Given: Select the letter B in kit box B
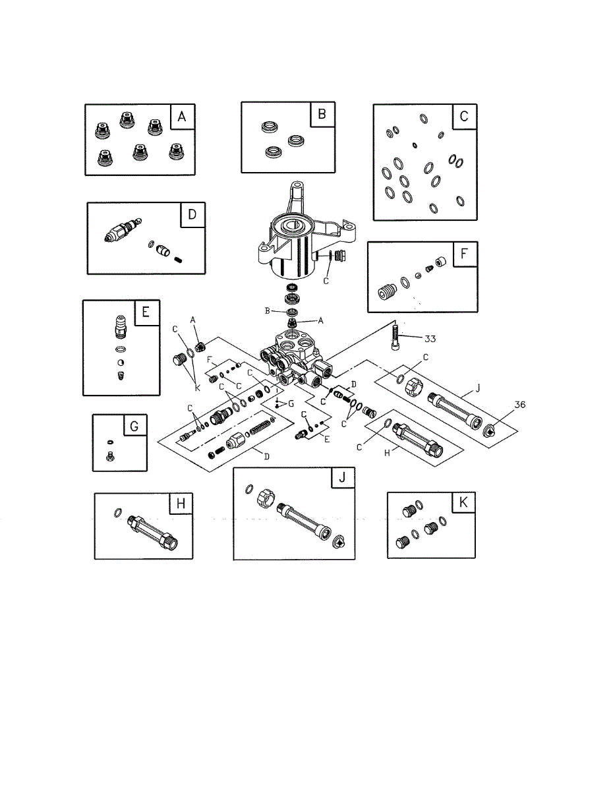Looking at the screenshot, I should (x=322, y=114).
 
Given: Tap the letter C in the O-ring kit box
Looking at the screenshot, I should (x=464, y=117).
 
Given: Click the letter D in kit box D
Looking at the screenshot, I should (x=192, y=216).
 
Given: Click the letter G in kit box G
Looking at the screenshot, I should (x=134, y=426).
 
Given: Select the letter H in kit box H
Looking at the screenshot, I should (x=179, y=505).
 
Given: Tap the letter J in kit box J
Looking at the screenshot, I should (x=341, y=479).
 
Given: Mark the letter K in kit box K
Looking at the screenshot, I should (x=463, y=502).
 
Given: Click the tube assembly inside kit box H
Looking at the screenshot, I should (x=153, y=531).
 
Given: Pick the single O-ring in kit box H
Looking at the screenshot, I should (x=117, y=512).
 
